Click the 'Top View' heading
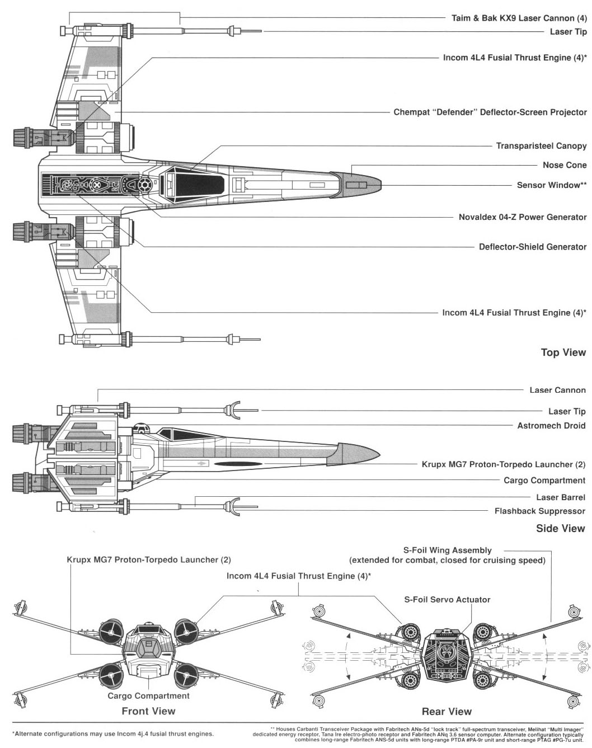[563, 352]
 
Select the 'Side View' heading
[560, 528]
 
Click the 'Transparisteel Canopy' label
[541, 146]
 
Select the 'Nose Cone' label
[564, 165]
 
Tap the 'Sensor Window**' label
[551, 185]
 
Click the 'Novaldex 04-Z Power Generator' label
[522, 217]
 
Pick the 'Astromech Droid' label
[551, 426]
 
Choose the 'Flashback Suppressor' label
[539, 511]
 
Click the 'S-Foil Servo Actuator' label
[447, 599]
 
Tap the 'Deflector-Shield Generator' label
[532, 247]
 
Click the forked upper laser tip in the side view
[233, 410]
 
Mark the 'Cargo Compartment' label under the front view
[148, 696]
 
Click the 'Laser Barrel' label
[560, 497]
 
